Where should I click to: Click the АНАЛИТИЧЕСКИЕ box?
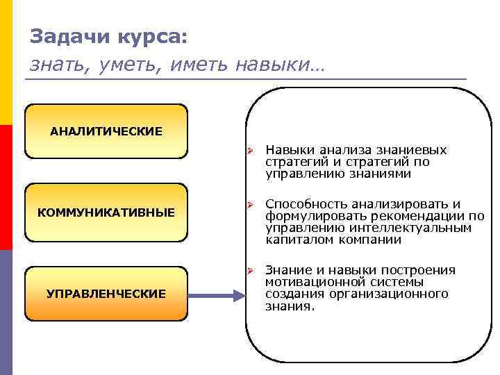tap(106, 131)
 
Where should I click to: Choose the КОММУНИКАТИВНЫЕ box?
tap(106, 211)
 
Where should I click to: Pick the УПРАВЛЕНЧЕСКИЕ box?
tap(106, 294)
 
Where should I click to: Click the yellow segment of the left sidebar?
tap(6, 62)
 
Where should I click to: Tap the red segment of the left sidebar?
tap(6, 187)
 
